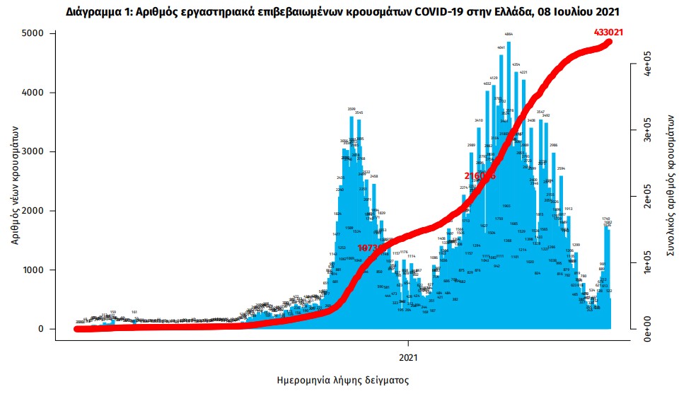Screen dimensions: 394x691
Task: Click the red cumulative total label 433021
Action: coord(612,32)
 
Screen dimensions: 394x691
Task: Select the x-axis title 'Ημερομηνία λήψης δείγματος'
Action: coord(342,380)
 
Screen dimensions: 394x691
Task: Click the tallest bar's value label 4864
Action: coord(509,34)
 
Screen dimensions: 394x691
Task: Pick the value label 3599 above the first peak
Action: coord(352,109)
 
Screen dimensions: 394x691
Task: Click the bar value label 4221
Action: coord(524,72)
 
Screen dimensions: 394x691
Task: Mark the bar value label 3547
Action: coord(540,112)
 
